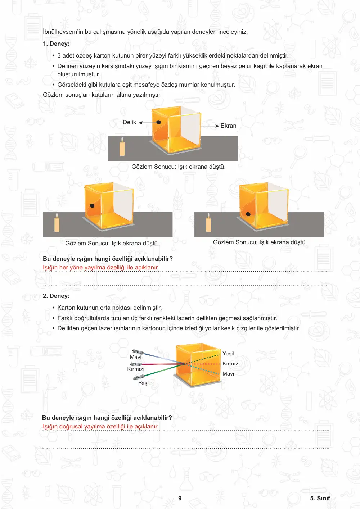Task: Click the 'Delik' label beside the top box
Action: point(129,122)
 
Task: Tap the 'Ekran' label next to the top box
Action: point(228,126)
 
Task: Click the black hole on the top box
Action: point(159,122)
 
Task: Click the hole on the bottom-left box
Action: point(92,206)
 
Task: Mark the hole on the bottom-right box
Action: point(248,214)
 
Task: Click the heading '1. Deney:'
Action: point(56,44)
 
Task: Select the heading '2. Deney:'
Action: point(56,296)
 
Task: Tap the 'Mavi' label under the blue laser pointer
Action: point(136,357)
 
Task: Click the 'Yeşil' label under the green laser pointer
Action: point(144,383)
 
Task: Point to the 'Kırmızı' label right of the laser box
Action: point(231,364)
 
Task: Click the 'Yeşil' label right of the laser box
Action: point(228,354)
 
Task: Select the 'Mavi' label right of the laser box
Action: point(228,374)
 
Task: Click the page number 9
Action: point(180,498)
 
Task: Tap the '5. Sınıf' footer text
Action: point(320,498)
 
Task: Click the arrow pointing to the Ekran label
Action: point(210,126)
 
